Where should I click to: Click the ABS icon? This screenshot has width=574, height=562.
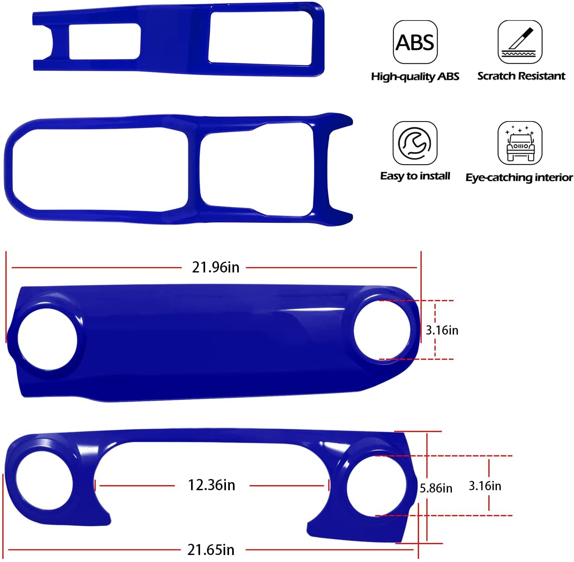click(x=415, y=42)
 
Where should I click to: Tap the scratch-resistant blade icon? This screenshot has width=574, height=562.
click(x=520, y=42)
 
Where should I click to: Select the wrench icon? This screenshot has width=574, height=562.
click(x=415, y=143)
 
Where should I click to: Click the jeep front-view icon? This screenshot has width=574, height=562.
click(x=520, y=143)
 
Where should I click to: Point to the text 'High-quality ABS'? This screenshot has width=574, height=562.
click(x=415, y=76)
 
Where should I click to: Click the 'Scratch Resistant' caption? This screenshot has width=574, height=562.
click(x=521, y=76)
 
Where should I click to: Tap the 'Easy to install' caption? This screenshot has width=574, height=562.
click(x=415, y=176)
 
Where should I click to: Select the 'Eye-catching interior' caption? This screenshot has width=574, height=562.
click(x=519, y=177)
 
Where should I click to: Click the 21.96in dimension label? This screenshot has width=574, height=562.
click(x=215, y=267)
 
